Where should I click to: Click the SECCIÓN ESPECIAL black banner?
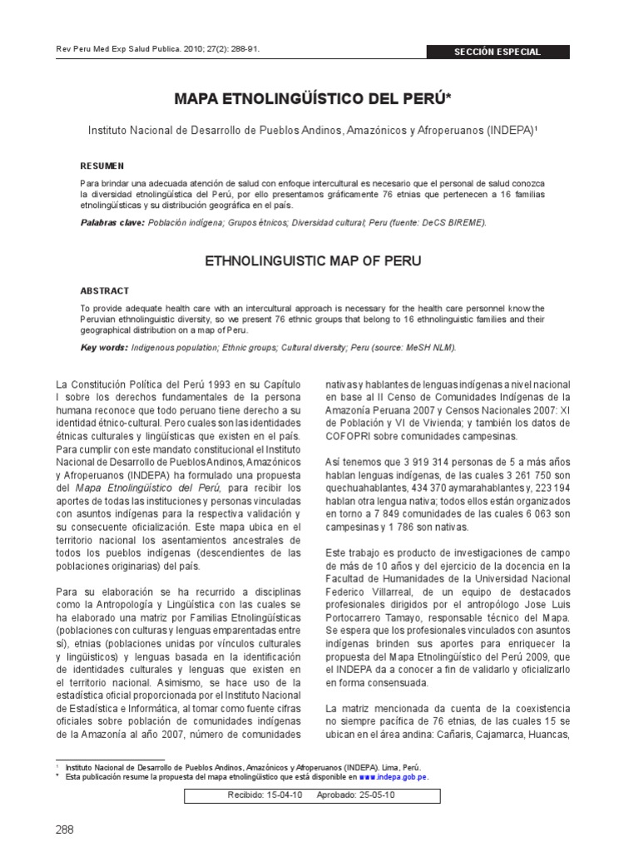point(497,52)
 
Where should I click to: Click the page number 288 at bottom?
point(65,830)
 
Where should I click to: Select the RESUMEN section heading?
point(102,166)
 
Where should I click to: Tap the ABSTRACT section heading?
point(105,291)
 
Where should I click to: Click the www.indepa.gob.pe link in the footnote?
point(393,775)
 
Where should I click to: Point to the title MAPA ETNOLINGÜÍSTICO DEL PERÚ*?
point(313,99)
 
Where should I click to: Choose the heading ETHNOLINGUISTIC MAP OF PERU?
point(313,261)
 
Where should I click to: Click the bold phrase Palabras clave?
point(112,223)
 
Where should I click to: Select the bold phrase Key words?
point(104,348)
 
